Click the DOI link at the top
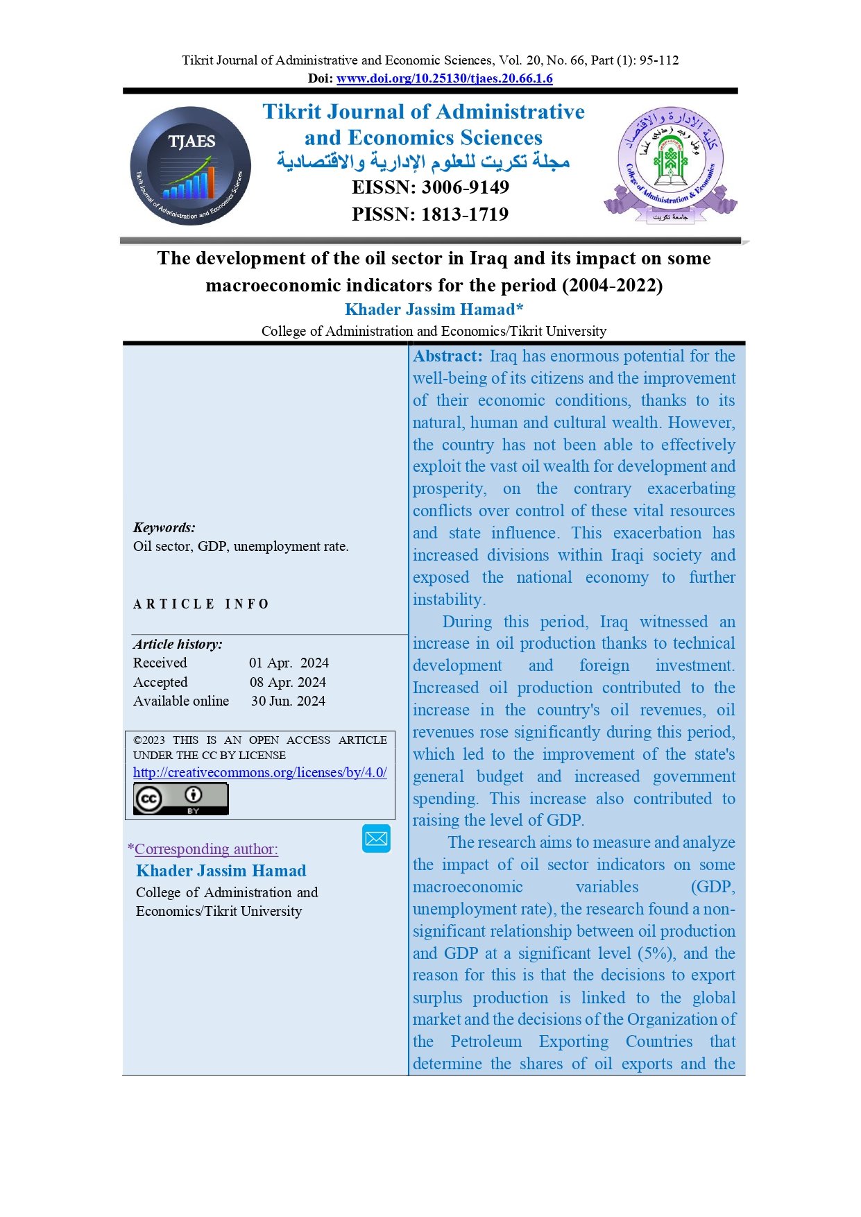(444, 78)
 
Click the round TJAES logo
(191, 166)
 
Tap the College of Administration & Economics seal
(670, 165)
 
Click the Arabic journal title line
(423, 162)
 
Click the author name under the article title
(434, 309)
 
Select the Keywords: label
(164, 527)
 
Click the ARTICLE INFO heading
(201, 604)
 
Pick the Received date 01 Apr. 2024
(289, 663)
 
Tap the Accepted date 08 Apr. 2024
(288, 683)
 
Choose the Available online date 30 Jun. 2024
(288, 701)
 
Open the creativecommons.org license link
(259, 772)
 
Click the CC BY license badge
(180, 799)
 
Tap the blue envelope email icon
(376, 838)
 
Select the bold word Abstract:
(447, 357)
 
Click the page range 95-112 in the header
(658, 60)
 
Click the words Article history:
(178, 645)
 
